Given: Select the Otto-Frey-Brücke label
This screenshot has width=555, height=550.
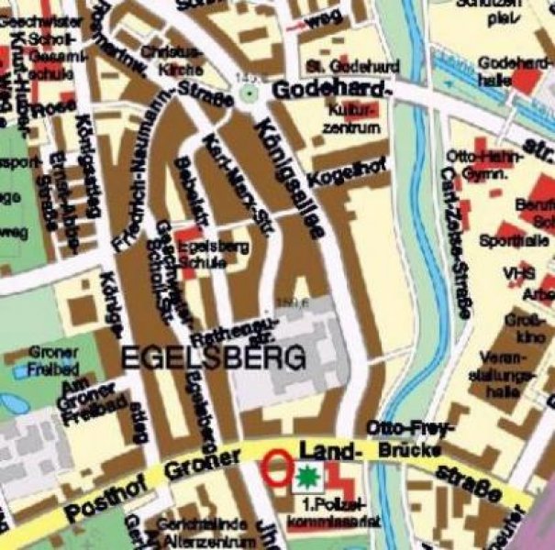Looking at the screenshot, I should pyautogui.click(x=404, y=438).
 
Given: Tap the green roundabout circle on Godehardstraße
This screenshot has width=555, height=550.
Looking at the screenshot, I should pyautogui.click(x=247, y=93).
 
